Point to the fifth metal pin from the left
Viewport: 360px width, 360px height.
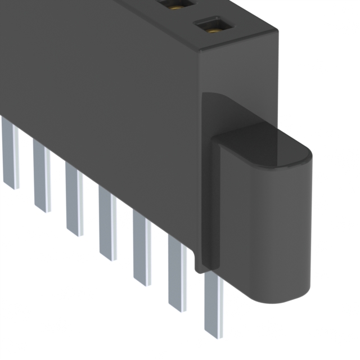click(142, 247)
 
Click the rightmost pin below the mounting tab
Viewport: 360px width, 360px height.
click(213, 304)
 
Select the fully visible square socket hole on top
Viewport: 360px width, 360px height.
click(213, 26)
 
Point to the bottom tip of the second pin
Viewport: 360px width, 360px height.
click(42, 209)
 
